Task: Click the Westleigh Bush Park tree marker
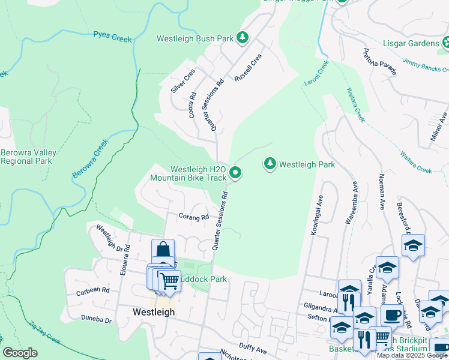[243, 38]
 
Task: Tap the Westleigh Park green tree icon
[270, 164]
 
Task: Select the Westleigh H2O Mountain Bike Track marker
[236, 173]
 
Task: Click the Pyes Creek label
[112, 37]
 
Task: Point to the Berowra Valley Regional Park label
[28, 157]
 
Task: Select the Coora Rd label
[193, 104]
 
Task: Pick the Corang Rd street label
[193, 217]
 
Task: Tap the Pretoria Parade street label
[379, 62]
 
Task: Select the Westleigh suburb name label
[153, 312]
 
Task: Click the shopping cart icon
[169, 280]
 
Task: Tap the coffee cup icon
[393, 314]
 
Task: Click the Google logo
[20, 353]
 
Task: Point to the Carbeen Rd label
[93, 290]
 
